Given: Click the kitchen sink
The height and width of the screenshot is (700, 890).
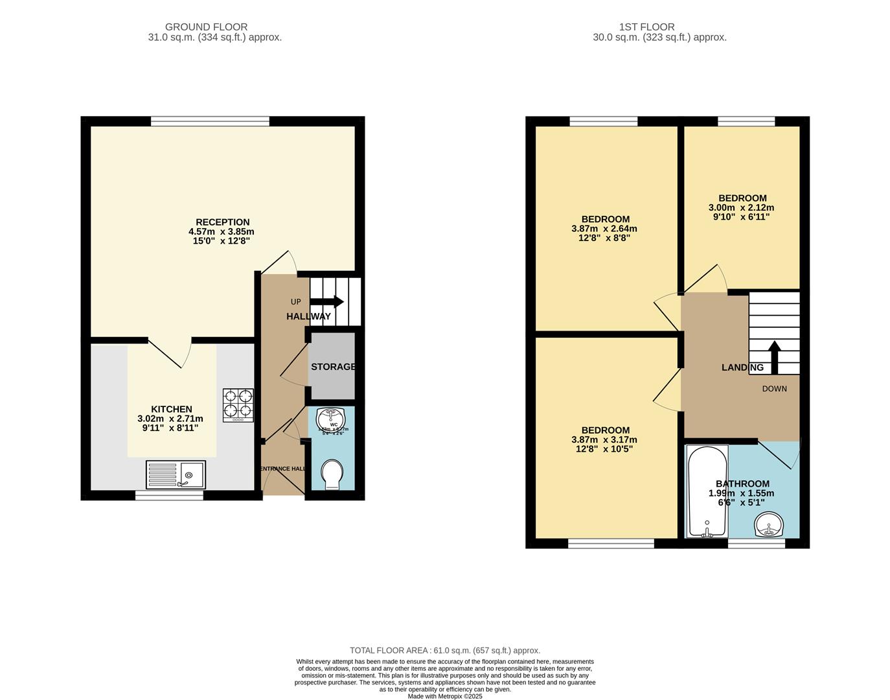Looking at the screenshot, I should (x=176, y=474).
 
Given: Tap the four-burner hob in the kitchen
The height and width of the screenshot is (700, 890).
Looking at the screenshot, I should (x=238, y=404).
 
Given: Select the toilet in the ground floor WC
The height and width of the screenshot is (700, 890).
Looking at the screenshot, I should (x=331, y=474).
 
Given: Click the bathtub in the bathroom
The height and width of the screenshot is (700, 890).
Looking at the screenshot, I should (x=707, y=491).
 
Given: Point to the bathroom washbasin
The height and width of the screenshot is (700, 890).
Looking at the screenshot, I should (x=769, y=524).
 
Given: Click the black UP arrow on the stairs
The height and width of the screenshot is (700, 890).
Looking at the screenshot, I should (x=327, y=301).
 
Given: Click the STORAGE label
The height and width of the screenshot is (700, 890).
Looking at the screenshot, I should (x=333, y=367).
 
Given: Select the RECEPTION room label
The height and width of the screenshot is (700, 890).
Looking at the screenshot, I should (x=222, y=222).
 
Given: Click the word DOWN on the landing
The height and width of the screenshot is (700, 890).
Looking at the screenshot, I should (x=774, y=389).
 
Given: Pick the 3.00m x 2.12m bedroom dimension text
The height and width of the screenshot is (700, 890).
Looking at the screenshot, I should (x=741, y=208).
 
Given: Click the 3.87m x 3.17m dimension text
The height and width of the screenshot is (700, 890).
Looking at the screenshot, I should (x=604, y=439).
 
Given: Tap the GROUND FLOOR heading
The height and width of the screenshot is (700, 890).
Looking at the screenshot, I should (x=206, y=27).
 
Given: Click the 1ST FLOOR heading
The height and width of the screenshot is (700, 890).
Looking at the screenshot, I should (x=646, y=27).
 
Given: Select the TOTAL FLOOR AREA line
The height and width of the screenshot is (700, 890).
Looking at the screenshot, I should (x=444, y=650).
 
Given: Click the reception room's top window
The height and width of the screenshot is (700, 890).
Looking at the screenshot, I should (x=210, y=121).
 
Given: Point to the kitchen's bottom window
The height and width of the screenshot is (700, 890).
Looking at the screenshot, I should (x=169, y=496).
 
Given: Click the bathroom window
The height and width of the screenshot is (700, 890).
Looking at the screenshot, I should (x=756, y=544).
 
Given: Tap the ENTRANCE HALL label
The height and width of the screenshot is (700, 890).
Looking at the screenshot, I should (x=282, y=469).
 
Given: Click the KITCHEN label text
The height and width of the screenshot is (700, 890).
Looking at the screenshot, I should (x=171, y=409).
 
